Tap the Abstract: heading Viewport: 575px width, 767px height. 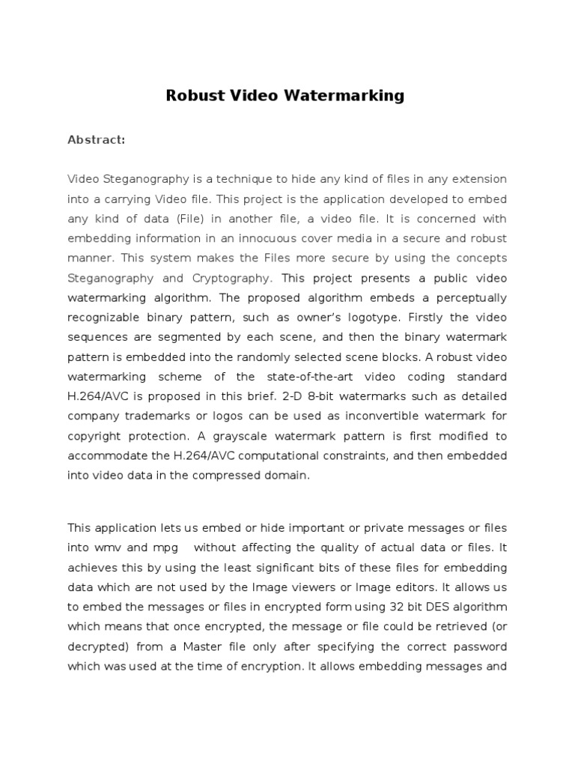point(96,139)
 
